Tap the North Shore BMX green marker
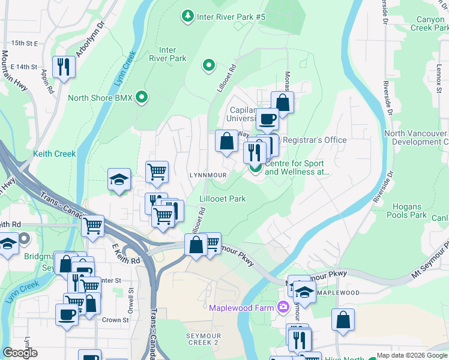pos(142,97)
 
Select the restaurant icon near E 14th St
pos(64,66)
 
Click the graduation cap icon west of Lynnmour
pos(119,179)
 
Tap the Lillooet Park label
pos(223,199)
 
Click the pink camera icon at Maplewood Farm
pos(283,308)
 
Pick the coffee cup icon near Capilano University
pos(267,118)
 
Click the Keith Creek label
pos(55,154)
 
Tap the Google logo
pos(20,353)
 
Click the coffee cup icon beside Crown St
pos(67,314)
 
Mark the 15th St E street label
pos(24,43)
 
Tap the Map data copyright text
pos(411,355)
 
